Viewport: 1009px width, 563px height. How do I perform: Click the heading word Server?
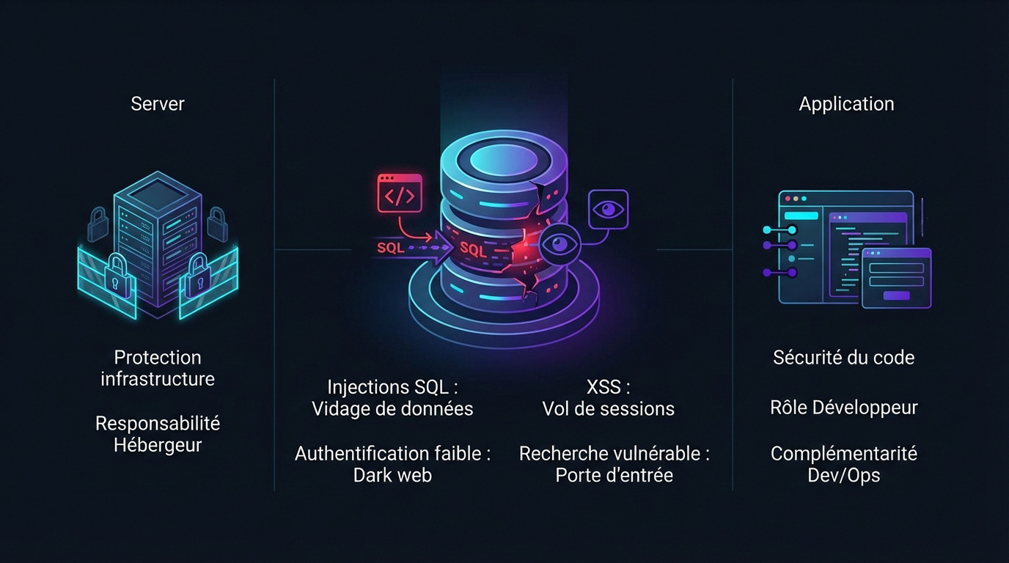tap(157, 104)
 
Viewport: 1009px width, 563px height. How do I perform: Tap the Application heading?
tap(846, 104)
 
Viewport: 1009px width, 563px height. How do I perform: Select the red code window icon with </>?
tap(400, 194)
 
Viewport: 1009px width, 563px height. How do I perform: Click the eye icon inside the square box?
tap(608, 210)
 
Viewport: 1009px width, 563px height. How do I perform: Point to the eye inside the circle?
tap(560, 244)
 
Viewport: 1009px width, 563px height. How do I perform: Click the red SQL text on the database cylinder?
tap(473, 249)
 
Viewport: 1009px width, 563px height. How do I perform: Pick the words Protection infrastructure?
tap(158, 368)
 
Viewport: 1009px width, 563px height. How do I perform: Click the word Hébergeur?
tap(158, 445)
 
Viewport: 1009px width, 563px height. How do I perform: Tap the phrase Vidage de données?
tap(392, 408)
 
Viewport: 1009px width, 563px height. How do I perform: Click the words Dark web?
tap(392, 475)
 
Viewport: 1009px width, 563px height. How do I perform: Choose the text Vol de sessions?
tap(608, 408)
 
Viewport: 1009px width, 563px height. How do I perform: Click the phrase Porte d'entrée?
tap(614, 475)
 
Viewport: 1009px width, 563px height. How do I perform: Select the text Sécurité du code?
tap(843, 358)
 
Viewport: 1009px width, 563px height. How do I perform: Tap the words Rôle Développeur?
tap(843, 408)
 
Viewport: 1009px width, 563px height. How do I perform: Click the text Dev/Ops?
tap(843, 475)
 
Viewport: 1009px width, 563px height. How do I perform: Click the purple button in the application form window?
tap(896, 296)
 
